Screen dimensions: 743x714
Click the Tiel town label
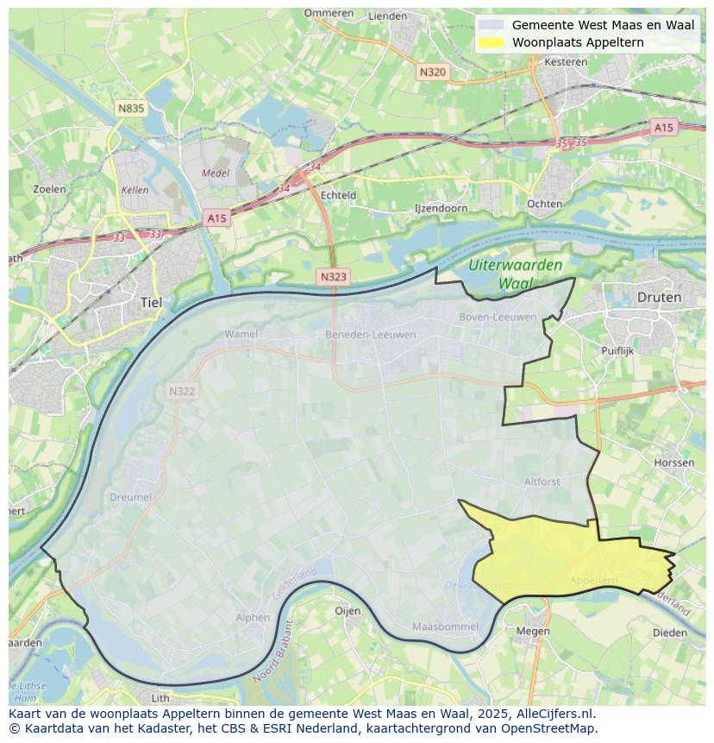click(x=150, y=303)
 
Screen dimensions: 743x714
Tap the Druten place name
click(x=659, y=297)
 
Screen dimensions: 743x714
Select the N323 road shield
click(x=334, y=276)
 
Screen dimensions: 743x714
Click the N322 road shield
click(x=182, y=391)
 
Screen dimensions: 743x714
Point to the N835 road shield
click(x=131, y=108)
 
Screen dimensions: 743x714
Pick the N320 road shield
click(x=432, y=72)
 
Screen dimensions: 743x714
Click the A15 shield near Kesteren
click(x=663, y=128)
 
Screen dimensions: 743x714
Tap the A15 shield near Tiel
click(x=216, y=218)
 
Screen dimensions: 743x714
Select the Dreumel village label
click(x=130, y=497)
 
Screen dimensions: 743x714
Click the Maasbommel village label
click(x=440, y=626)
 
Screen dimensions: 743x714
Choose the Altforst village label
click(x=542, y=482)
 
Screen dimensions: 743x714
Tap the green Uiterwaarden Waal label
click(x=517, y=274)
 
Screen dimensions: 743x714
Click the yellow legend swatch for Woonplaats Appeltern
click(x=492, y=42)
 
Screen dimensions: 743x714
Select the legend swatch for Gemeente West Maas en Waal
click(x=492, y=25)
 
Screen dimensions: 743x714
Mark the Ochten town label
click(x=544, y=204)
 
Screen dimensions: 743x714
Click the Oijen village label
click(x=348, y=610)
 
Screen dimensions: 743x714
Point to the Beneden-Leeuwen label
click(x=370, y=334)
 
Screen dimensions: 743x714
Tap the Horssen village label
click(x=673, y=463)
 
